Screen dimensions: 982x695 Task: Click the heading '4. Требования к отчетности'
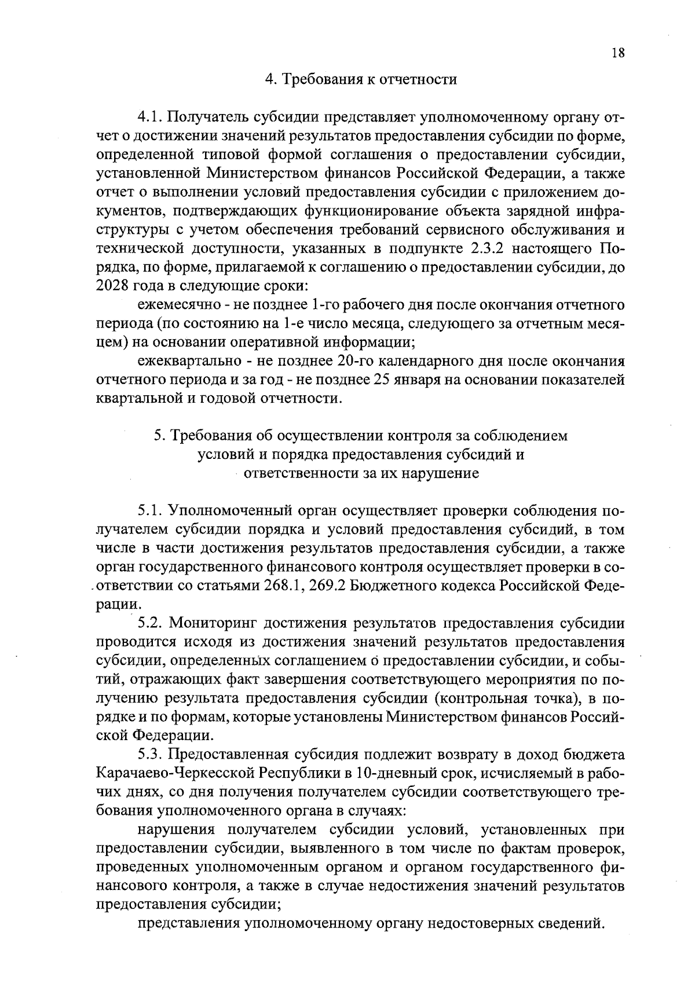click(x=360, y=79)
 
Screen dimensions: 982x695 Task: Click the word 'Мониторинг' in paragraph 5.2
click(x=214, y=623)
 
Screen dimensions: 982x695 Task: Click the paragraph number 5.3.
click(x=151, y=755)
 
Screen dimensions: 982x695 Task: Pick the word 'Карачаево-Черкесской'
click(x=175, y=773)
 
